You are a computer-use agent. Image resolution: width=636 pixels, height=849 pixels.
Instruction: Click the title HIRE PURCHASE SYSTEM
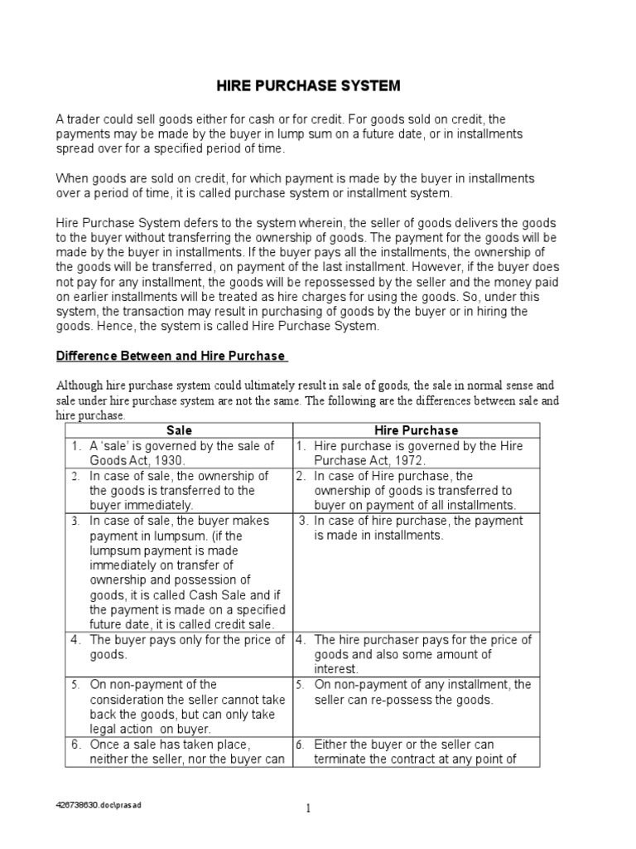[308, 85]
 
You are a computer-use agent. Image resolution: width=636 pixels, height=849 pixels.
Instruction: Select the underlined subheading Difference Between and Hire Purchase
[171, 356]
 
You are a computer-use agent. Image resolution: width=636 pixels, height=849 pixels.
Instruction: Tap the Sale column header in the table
[179, 430]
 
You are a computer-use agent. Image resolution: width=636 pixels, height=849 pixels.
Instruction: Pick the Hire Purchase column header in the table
[416, 430]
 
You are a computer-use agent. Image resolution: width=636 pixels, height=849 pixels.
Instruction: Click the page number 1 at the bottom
[307, 809]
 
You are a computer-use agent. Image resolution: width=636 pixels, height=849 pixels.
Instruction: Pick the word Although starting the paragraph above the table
[81, 386]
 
